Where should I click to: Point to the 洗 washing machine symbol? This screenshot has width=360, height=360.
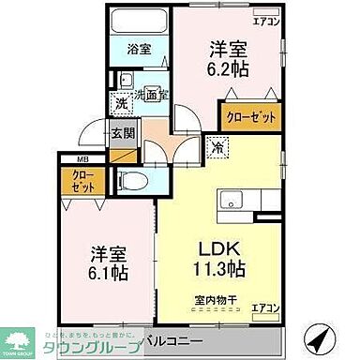[122, 105]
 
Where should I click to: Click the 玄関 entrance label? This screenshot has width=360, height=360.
[122, 133]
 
